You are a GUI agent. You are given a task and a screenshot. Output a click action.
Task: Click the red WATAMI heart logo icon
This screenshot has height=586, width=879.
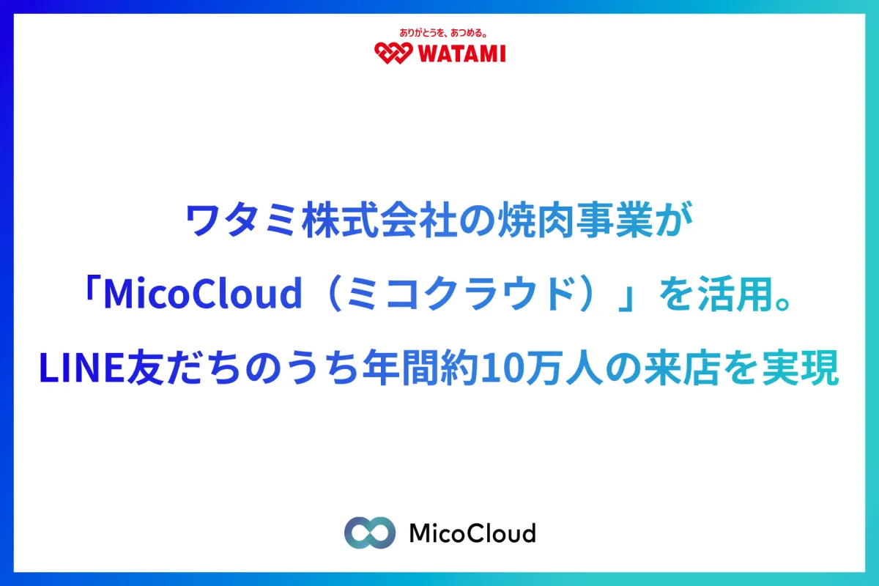pos(393,53)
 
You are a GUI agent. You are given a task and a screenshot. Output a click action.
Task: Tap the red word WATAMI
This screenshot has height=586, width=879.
pos(462,53)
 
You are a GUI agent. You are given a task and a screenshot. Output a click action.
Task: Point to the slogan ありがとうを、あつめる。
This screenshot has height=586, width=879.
pos(443,33)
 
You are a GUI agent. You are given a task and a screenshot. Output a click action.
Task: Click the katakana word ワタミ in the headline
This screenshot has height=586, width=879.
pos(240,220)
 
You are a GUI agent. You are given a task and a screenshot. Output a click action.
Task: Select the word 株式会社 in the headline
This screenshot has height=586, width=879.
pos(379,220)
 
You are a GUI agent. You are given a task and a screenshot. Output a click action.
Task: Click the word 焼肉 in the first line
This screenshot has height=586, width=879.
pos(536,220)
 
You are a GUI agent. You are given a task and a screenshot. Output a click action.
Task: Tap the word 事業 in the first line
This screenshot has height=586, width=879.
pos(615,220)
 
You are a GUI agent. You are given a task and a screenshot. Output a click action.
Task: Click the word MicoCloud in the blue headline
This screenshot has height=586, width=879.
pos(204,293)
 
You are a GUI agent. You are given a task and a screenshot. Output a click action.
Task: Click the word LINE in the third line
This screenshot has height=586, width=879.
pos(82,368)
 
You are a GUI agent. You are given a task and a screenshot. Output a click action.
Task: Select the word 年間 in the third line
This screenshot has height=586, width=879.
pos(401,368)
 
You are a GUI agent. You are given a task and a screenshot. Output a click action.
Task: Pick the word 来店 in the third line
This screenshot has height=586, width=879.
pos(683,368)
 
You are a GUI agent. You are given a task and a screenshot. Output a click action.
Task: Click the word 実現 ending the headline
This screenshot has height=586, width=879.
pos(801,368)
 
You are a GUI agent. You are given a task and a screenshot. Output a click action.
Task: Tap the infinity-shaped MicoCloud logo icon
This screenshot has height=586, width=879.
pos(370,533)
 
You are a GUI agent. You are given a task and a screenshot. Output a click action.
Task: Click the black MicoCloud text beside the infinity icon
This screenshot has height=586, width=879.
pos(472,533)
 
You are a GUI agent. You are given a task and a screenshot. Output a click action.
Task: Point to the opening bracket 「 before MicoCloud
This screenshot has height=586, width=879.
pos(91,289)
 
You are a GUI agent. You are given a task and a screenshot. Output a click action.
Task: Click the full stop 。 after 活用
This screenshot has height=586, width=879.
pos(784,304)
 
